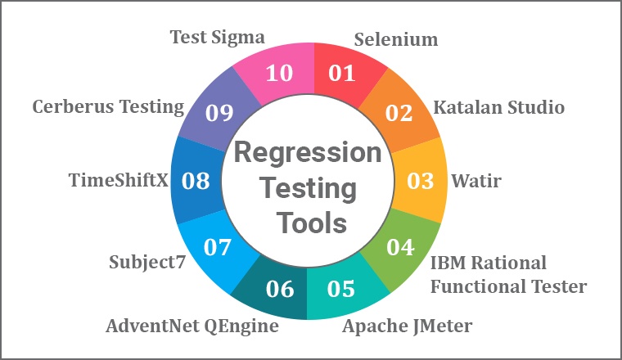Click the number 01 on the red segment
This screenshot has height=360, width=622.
tap(341, 73)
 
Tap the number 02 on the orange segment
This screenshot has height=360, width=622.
tap(399, 113)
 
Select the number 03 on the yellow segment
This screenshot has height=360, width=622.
tap(421, 181)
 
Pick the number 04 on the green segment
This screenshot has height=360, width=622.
tap(401, 247)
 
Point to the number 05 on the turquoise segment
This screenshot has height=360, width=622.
tap(341, 289)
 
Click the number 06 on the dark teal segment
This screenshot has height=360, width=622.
tap(280, 289)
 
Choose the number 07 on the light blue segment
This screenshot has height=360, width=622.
tap(218, 247)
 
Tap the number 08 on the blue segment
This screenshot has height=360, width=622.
tap(196, 181)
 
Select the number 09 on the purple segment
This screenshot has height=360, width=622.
tap(219, 113)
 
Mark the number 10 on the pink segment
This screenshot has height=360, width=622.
tap(279, 73)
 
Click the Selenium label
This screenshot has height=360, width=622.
tap(396, 39)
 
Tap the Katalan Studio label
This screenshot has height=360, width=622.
tap(498, 107)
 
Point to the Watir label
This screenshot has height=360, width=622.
tap(476, 181)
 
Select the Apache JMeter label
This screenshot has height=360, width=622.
tap(408, 326)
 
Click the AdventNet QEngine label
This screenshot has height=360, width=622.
tap(192, 326)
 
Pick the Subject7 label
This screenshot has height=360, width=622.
tap(147, 263)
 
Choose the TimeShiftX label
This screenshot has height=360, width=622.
tap(118, 180)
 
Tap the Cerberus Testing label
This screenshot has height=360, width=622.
tap(108, 107)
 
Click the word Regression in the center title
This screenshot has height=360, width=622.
tap(308, 154)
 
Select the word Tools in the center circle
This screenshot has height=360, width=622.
tap(312, 223)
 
